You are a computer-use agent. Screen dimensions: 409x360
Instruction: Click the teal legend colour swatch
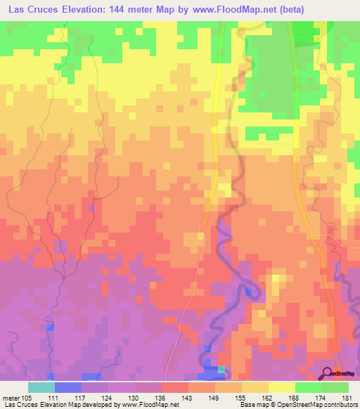41,387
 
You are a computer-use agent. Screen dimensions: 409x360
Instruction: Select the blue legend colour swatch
67,387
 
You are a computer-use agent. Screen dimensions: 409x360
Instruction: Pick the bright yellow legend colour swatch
281,387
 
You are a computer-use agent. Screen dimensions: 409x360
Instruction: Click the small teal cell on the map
221,369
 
